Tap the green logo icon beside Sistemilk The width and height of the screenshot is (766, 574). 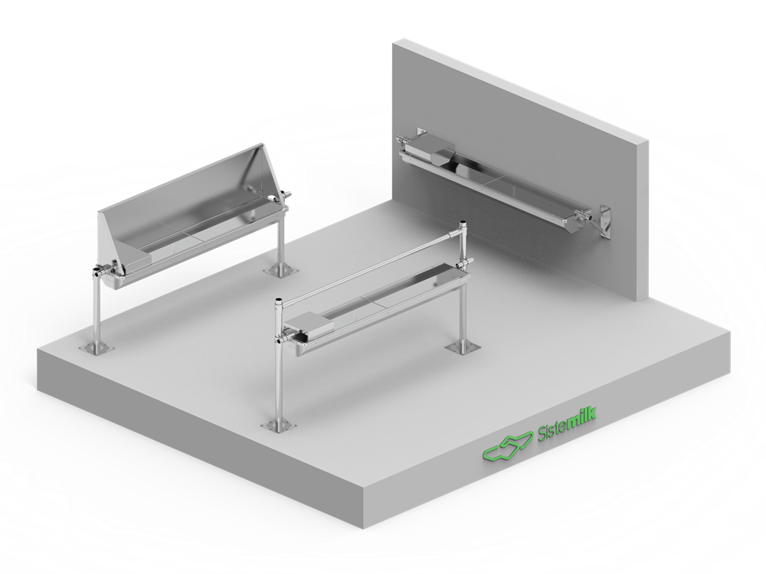click(508, 445)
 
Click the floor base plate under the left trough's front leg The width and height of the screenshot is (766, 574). click(97, 347)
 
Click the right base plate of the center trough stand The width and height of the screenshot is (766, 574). click(462, 347)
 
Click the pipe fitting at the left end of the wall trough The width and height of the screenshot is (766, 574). click(405, 142)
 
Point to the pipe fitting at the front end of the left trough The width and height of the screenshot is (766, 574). click(101, 272)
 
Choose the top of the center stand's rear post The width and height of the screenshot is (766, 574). click(463, 223)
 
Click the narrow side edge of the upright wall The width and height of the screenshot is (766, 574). click(643, 220)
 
